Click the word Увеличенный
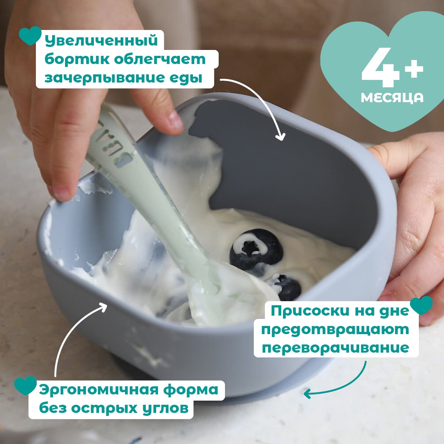[101, 41]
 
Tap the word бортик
[77, 60]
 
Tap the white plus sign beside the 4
[414, 68]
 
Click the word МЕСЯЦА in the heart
[392, 98]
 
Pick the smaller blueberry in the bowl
[289, 286]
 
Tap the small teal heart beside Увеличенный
[30, 36]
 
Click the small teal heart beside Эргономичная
[26, 385]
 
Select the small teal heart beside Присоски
[422, 305]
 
